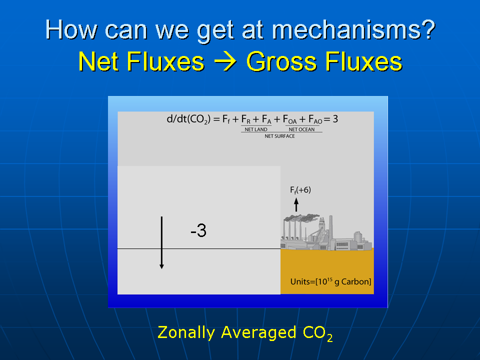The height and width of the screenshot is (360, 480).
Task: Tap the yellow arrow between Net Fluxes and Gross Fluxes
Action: pos(225,61)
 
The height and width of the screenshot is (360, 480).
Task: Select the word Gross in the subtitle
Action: pos(281,61)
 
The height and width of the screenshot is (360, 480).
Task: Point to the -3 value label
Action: pos(198,230)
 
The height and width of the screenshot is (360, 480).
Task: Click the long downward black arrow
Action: pos(161,243)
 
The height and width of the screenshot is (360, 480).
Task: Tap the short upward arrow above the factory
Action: pos(296,204)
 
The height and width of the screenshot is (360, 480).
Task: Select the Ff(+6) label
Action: pos(300,190)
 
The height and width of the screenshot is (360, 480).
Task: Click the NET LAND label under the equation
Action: pos(256,129)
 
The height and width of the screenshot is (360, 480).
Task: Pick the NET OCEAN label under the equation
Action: pos(301,129)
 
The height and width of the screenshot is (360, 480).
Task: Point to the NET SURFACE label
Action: pos(280,136)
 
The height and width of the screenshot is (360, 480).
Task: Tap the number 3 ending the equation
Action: pos(335,119)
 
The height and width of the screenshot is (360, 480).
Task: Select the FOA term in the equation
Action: pos(289,119)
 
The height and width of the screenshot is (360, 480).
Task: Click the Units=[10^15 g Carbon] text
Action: pos(330,281)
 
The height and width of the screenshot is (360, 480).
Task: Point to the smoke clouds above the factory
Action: pos(301,217)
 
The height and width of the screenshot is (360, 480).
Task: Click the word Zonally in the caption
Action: pos(186,333)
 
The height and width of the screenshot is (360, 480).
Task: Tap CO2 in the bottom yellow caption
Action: pos(317,333)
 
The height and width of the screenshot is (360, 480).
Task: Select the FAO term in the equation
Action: pos(315,119)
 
